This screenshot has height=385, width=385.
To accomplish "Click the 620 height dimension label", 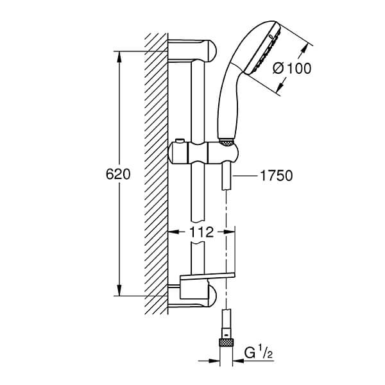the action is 118,175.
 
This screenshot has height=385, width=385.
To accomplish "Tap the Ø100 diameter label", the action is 292,68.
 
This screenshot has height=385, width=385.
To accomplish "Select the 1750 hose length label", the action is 276,176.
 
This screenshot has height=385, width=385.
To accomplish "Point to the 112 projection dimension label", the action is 201,232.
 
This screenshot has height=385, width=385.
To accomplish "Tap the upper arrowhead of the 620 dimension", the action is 119,56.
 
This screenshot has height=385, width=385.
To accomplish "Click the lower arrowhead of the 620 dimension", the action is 119,290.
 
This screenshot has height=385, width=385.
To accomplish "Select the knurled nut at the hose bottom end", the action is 226,343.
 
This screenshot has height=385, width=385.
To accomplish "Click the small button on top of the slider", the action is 180,141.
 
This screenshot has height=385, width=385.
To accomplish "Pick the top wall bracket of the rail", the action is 193,51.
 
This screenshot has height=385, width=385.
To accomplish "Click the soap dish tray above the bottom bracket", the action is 207,276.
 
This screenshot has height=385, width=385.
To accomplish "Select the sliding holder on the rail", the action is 203,153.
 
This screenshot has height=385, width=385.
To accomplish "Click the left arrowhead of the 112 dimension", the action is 173,232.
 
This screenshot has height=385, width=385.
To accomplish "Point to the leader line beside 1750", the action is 244,176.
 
